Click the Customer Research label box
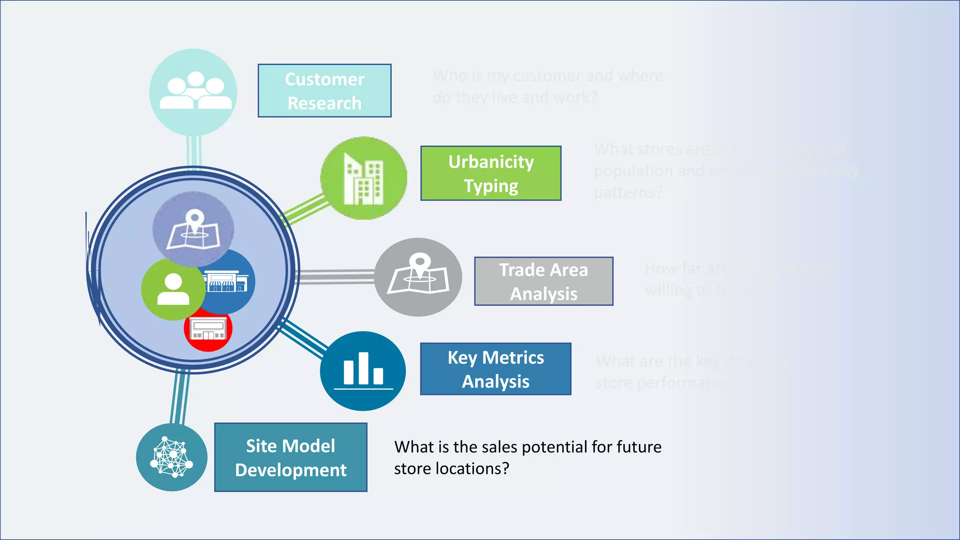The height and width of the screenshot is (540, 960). pos(324,91)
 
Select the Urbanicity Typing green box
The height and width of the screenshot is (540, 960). pos(491,173)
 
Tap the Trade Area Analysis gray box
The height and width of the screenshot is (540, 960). pos(543,281)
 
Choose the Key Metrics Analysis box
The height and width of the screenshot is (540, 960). pos(495,369)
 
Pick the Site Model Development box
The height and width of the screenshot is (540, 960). pos(291,457)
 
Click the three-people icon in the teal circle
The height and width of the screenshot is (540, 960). pos(195,91)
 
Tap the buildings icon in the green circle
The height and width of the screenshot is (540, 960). pos(364,179)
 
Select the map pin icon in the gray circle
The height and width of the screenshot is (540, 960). pos(418,275)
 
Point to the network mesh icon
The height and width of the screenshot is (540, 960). pos(172,457)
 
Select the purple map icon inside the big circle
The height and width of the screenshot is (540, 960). pos(193,229)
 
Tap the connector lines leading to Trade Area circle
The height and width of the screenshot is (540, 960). pos(337,277)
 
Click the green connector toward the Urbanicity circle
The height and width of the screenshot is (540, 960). pos(305,209)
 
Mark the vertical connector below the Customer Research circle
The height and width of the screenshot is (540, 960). pos(194,151)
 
